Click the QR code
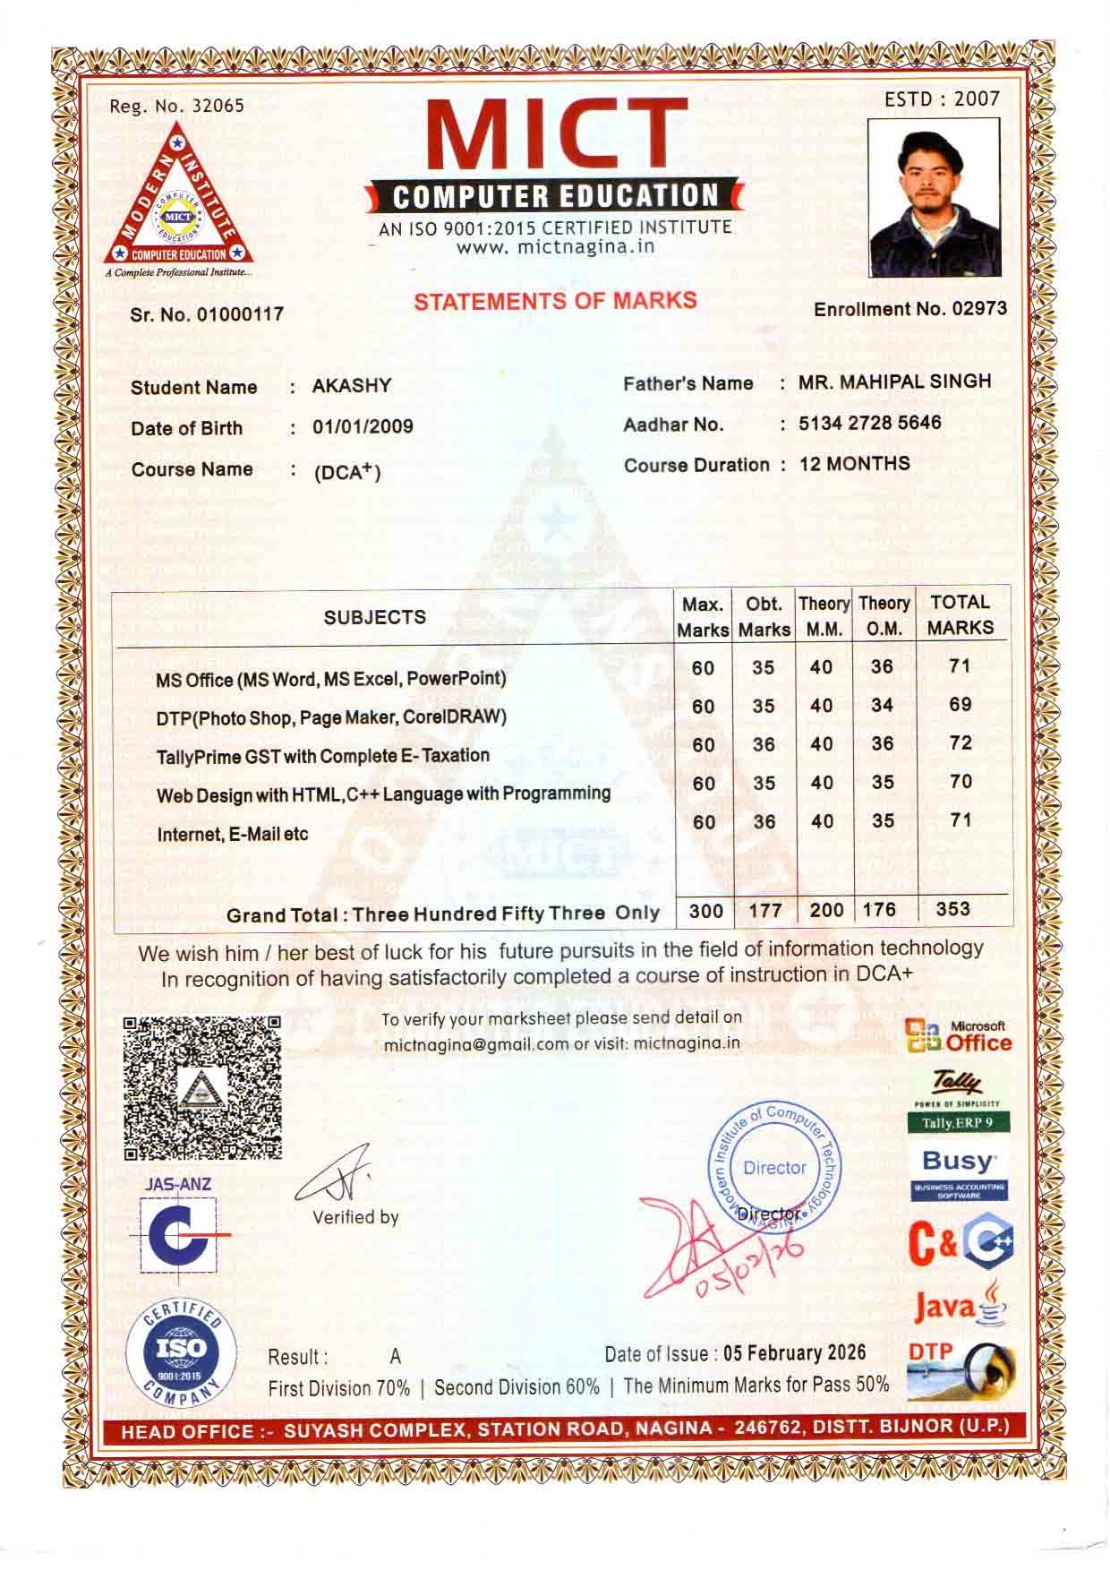tap(201, 1087)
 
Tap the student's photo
tap(934, 198)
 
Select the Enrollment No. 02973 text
tap(909, 309)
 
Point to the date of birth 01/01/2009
tap(363, 426)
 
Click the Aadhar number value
tap(869, 423)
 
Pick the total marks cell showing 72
tap(960, 742)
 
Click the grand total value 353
tap(952, 908)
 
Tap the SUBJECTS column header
tap(374, 617)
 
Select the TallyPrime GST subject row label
tap(322, 756)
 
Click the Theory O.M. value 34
tap(882, 705)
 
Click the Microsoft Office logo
tap(958, 1036)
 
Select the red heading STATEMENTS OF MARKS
tap(554, 301)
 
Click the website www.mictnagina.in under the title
tap(555, 247)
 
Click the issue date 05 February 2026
tap(794, 1352)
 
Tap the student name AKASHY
tap(351, 386)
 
